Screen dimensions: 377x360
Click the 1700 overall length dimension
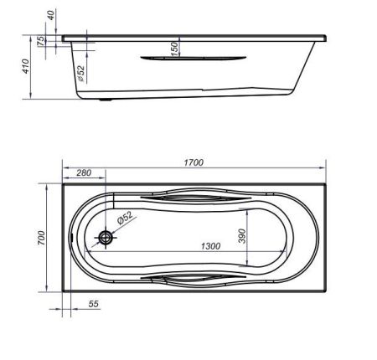pos(194,162)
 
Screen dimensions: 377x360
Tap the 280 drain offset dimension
pos(84,172)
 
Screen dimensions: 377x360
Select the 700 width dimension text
pos(41,238)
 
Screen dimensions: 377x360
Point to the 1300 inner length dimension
pos(210,246)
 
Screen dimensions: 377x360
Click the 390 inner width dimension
pos(242,236)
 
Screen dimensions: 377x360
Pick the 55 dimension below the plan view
pos(94,304)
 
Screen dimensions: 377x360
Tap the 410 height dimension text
pos(26,66)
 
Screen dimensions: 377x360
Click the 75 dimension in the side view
pos(41,41)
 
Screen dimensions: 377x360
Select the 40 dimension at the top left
pos(50,15)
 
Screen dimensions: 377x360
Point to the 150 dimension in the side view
pos(174,49)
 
